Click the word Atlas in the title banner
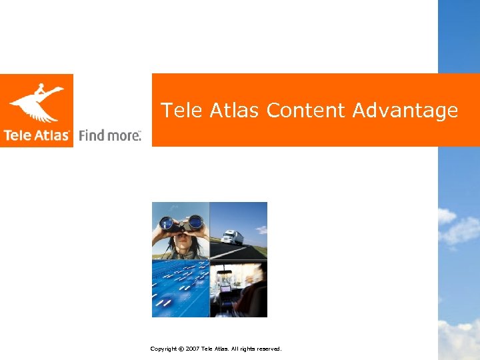pyautogui.click(x=233, y=110)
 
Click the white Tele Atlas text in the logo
pyautogui.click(x=37, y=135)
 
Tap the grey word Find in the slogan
pyautogui.click(x=91, y=135)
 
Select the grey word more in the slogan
pyautogui.click(x=123, y=135)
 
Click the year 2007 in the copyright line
pyautogui.click(x=193, y=349)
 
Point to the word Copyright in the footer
pyautogui.click(x=163, y=349)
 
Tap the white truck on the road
pyautogui.click(x=233, y=237)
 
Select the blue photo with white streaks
pyautogui.click(x=181, y=288)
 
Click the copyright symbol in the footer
pyautogui.click(x=181, y=349)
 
